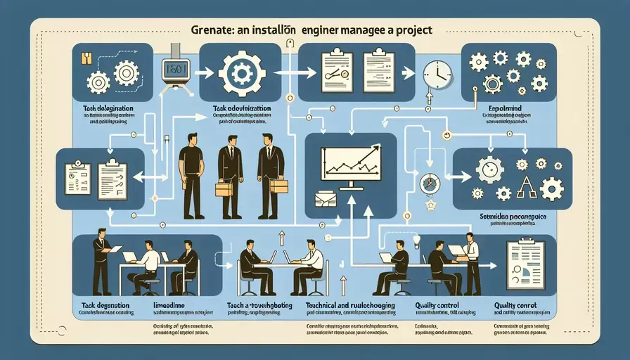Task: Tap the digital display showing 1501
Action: (173, 71)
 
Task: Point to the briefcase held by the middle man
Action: (224, 188)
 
